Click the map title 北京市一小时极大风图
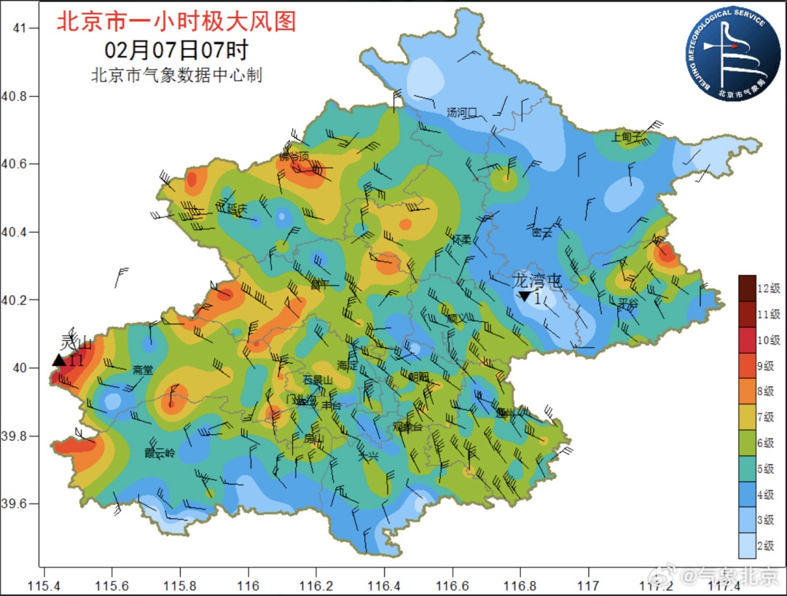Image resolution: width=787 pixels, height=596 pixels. coord(176,21)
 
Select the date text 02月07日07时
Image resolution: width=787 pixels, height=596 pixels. coord(176,50)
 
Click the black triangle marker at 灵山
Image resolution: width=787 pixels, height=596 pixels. coord(59,360)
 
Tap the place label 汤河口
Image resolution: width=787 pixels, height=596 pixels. coord(461,113)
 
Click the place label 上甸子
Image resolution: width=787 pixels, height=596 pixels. coord(627,136)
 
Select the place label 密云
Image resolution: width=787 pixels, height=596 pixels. coord(541,233)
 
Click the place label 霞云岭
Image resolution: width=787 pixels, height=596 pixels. coord(160,452)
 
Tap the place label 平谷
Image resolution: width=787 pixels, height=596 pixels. coord(627,303)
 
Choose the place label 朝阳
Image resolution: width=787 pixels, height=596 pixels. coord(419,376)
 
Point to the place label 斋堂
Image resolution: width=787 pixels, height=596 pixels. coord(143,370)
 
